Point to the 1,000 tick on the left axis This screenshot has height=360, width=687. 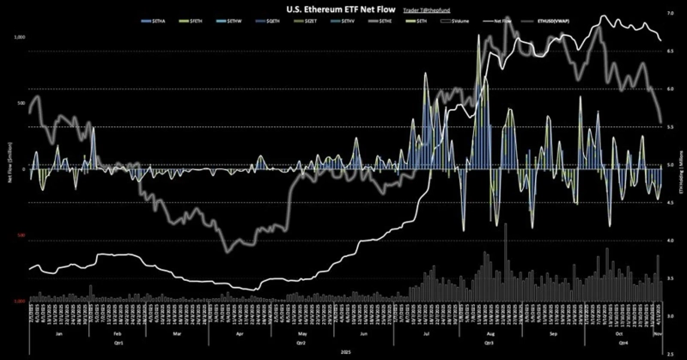click(21, 39)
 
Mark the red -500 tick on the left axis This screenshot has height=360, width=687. click(21, 235)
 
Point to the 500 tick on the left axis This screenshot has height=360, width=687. click(22, 104)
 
